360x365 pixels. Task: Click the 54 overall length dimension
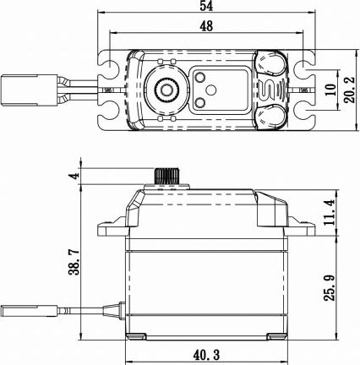(206, 6)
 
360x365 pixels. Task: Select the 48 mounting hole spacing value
(206, 26)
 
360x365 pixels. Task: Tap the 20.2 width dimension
(350, 90)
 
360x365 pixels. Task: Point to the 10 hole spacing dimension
(331, 90)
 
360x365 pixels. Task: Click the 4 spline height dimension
(74, 177)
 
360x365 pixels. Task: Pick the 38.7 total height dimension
(74, 262)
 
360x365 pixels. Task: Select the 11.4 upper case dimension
(330, 212)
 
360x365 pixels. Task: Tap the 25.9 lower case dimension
(330, 288)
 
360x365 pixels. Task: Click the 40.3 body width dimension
(206, 355)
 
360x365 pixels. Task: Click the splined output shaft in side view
(166, 177)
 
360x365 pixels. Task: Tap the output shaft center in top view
(166, 90)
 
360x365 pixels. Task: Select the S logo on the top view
(266, 90)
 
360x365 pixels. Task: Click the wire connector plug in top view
(19, 90)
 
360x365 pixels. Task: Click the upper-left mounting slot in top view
(108, 64)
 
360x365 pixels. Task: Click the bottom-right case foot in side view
(277, 336)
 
